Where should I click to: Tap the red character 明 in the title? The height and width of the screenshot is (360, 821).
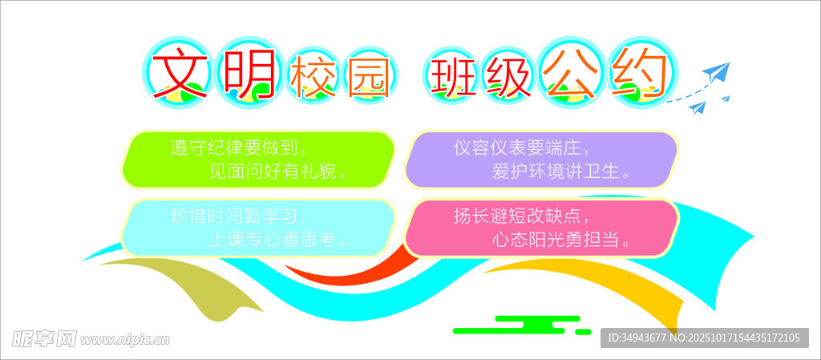tap(250, 73)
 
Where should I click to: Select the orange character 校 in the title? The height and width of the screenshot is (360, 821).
tap(313, 78)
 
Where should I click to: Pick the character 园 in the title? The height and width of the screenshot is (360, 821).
tap(370, 78)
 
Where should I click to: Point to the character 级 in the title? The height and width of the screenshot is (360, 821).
tap(507, 78)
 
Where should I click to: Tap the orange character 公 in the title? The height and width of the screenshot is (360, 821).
tap(570, 73)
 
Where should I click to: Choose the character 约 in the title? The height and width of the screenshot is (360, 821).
tap(642, 73)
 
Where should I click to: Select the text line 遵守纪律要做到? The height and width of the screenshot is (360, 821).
tap(237, 148)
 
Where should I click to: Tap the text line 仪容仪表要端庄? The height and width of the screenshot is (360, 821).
tap(521, 148)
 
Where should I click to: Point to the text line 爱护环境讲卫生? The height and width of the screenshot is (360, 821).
tap(561, 172)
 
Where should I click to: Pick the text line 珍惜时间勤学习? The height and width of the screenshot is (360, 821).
tap(237, 216)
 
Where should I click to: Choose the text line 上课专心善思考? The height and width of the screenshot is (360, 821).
tap(278, 240)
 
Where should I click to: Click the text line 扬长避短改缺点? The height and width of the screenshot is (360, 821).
tap(521, 216)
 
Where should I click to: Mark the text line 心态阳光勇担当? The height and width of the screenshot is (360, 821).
tap(561, 240)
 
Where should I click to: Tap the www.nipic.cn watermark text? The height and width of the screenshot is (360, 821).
tap(124, 340)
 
